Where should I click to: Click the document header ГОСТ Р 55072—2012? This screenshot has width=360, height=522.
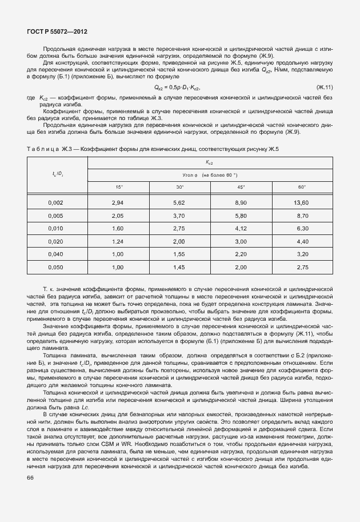click(56, 31)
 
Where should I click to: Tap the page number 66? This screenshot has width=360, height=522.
click(30, 478)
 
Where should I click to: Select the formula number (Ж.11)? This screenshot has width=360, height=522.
click(324, 87)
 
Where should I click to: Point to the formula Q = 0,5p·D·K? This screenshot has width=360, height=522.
click(178, 87)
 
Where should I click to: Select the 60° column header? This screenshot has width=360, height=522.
click(301, 187)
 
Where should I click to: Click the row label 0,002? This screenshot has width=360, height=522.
click(55, 203)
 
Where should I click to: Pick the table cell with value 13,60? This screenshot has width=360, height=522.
click(301, 203)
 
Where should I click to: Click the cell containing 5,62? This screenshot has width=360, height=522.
click(179, 203)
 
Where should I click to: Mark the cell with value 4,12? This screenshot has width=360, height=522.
click(240, 228)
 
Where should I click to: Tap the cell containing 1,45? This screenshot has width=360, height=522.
click(179, 266)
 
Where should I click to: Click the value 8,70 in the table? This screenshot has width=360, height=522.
click(301, 216)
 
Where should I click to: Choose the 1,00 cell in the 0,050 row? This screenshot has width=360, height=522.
click(118, 266)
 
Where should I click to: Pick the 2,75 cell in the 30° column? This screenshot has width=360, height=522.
click(179, 228)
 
